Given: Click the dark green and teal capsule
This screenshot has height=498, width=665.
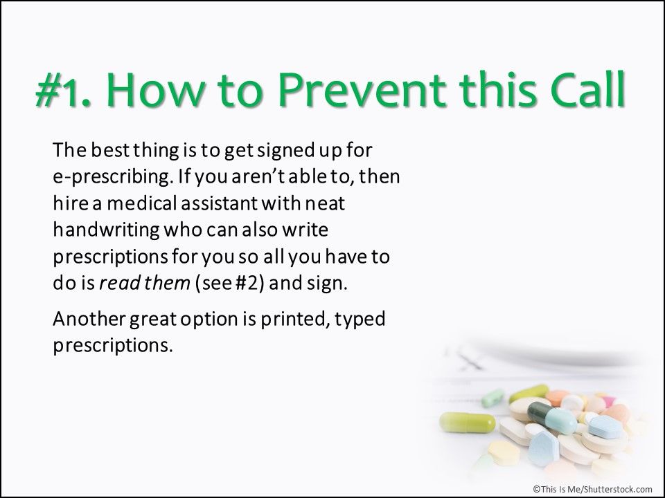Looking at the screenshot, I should (x=544, y=417).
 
